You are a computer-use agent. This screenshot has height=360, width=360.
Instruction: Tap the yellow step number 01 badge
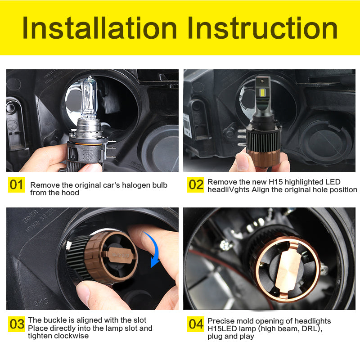pyautogui.click(x=17, y=185)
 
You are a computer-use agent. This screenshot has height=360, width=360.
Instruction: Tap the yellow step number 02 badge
pyautogui.click(x=196, y=185)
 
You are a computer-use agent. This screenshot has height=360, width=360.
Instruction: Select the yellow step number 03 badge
pyautogui.click(x=17, y=324)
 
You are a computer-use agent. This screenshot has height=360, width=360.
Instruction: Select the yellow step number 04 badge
pyautogui.click(x=196, y=324)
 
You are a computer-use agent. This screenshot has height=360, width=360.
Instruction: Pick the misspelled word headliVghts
pyautogui.click(x=229, y=189)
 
